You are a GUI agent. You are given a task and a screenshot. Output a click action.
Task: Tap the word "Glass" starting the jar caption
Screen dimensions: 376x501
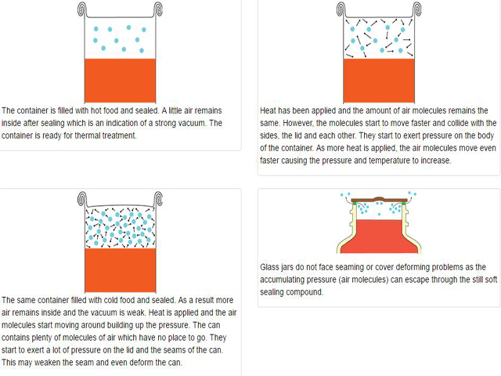271,267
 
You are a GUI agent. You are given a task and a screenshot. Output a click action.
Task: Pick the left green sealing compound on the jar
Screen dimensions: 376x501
355,204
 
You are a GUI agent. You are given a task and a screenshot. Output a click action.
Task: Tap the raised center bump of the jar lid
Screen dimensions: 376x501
379,197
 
